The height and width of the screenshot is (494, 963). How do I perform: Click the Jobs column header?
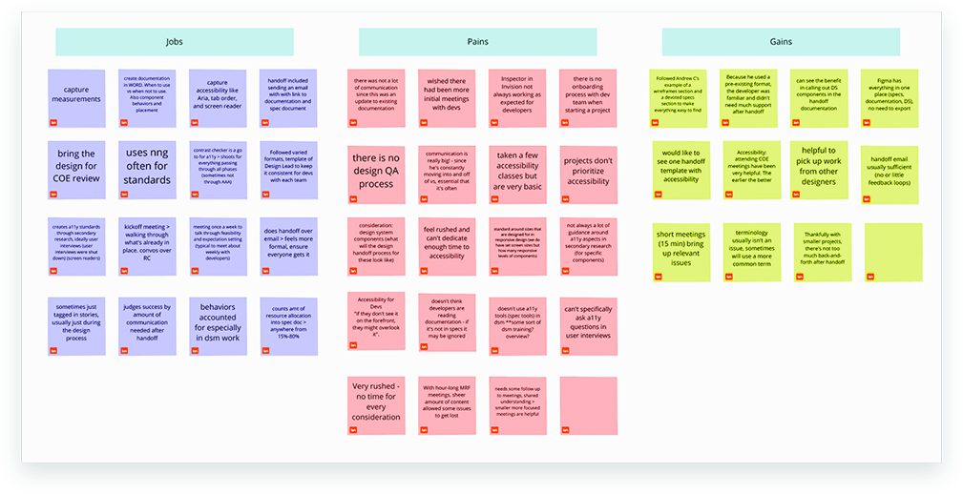[174, 42]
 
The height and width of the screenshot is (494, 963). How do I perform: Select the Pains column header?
[477, 42]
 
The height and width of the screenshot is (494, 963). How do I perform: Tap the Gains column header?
[781, 42]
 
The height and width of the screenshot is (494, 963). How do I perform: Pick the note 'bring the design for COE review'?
[76, 170]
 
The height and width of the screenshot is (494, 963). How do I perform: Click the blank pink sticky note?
[588, 405]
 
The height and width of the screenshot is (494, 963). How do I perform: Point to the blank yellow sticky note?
[893, 252]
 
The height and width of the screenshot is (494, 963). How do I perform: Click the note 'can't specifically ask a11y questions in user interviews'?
[588, 323]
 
